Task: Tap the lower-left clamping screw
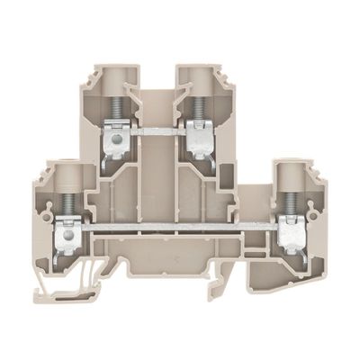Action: (x=65, y=204)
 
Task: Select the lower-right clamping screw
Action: (x=291, y=204)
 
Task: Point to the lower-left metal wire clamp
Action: (x=65, y=236)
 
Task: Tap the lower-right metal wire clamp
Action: (x=291, y=236)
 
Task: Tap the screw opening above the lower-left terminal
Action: (x=65, y=171)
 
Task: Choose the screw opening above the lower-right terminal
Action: (x=291, y=171)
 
